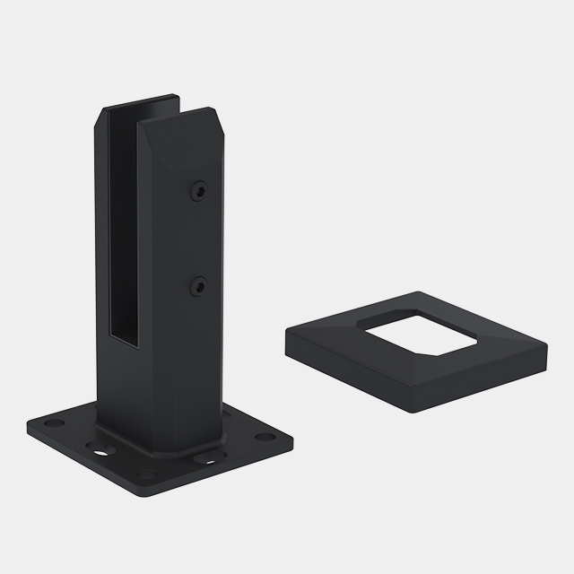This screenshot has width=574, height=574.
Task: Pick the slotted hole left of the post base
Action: [x=93, y=443]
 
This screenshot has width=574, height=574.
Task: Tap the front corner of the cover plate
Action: [x=413, y=408]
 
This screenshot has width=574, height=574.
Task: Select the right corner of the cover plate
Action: [x=544, y=344]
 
